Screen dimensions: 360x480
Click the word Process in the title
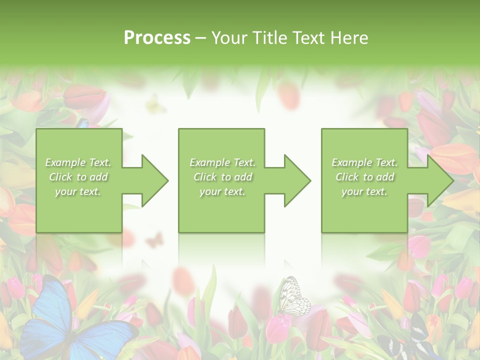[157, 37]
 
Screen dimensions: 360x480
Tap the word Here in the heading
[349, 37]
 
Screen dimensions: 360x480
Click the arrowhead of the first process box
[154, 180]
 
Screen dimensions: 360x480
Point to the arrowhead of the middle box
[297, 180]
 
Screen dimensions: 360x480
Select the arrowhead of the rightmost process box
[439, 180]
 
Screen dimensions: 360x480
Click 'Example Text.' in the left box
[78, 162]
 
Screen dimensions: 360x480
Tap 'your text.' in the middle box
[222, 192]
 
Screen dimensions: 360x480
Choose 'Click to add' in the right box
[364, 177]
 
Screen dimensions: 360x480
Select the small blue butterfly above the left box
[83, 123]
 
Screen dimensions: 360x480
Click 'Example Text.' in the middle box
[222, 162]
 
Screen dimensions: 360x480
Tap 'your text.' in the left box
[78, 192]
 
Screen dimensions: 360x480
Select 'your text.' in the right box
[364, 192]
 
